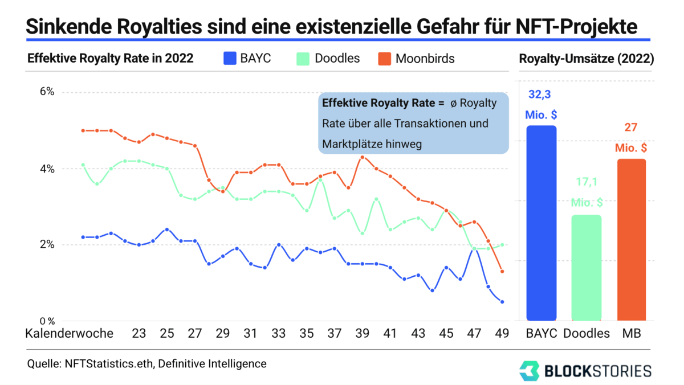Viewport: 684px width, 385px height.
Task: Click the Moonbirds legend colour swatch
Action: [385, 59]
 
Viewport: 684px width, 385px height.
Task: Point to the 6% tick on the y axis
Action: [46, 92]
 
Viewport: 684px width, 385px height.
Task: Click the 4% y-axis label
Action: [46, 169]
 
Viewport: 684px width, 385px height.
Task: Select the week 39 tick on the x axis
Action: [362, 333]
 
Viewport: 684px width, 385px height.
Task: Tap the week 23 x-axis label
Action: [139, 333]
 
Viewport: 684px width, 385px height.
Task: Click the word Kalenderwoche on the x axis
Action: [69, 333]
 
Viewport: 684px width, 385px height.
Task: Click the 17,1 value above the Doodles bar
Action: [587, 182]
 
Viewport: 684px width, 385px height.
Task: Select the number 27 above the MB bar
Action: [631, 127]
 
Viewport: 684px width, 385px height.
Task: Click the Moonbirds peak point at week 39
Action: [363, 157]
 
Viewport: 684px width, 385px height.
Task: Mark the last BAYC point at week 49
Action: [502, 302]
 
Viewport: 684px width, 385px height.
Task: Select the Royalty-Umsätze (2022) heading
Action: [586, 58]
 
